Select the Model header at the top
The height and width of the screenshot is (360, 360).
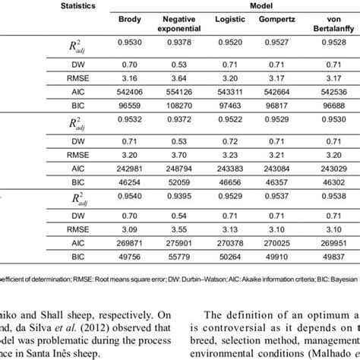click(x=233, y=5)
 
